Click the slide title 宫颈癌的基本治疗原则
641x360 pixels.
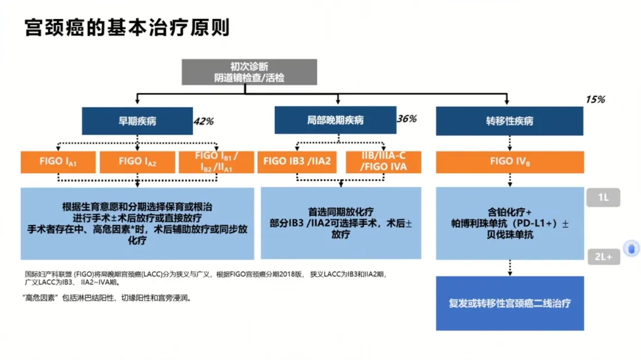[x=127, y=28]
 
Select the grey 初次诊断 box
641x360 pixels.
[x=249, y=72]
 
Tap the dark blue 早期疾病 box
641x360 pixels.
[x=138, y=121]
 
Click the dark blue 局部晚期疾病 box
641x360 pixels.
[x=335, y=121]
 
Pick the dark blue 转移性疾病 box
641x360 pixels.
[x=509, y=121]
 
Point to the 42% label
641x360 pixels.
[x=204, y=122]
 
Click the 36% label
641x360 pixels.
[x=407, y=119]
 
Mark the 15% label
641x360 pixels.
[x=595, y=100]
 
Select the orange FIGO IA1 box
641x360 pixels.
[x=58, y=161]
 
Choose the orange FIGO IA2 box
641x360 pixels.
[x=138, y=161]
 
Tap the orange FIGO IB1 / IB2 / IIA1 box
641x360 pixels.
[x=217, y=161]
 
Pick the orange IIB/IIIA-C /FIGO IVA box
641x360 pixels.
[x=383, y=161]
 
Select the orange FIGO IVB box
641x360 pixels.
[x=509, y=161]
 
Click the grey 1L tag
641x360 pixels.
[x=603, y=198]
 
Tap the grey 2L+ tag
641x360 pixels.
[x=603, y=256]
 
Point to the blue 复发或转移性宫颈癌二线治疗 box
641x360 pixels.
[x=509, y=303]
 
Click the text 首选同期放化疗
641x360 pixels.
[x=340, y=211]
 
